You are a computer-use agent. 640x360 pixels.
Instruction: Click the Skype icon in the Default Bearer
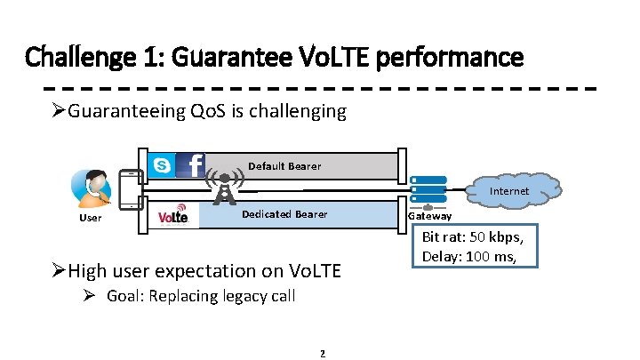point(162,164)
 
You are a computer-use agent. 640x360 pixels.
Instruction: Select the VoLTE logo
point(172,217)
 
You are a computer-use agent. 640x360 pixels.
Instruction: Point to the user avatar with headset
point(90,188)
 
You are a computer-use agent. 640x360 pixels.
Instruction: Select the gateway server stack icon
point(428,188)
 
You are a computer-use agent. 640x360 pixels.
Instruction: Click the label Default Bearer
point(284,166)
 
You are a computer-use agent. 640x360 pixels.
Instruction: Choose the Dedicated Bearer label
point(284,214)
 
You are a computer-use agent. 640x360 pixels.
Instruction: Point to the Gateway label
point(429,216)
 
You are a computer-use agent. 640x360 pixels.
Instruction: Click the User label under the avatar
point(90,217)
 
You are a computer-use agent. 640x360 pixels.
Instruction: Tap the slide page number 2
point(322,354)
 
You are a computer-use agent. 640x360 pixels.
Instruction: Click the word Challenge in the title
point(76,58)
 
